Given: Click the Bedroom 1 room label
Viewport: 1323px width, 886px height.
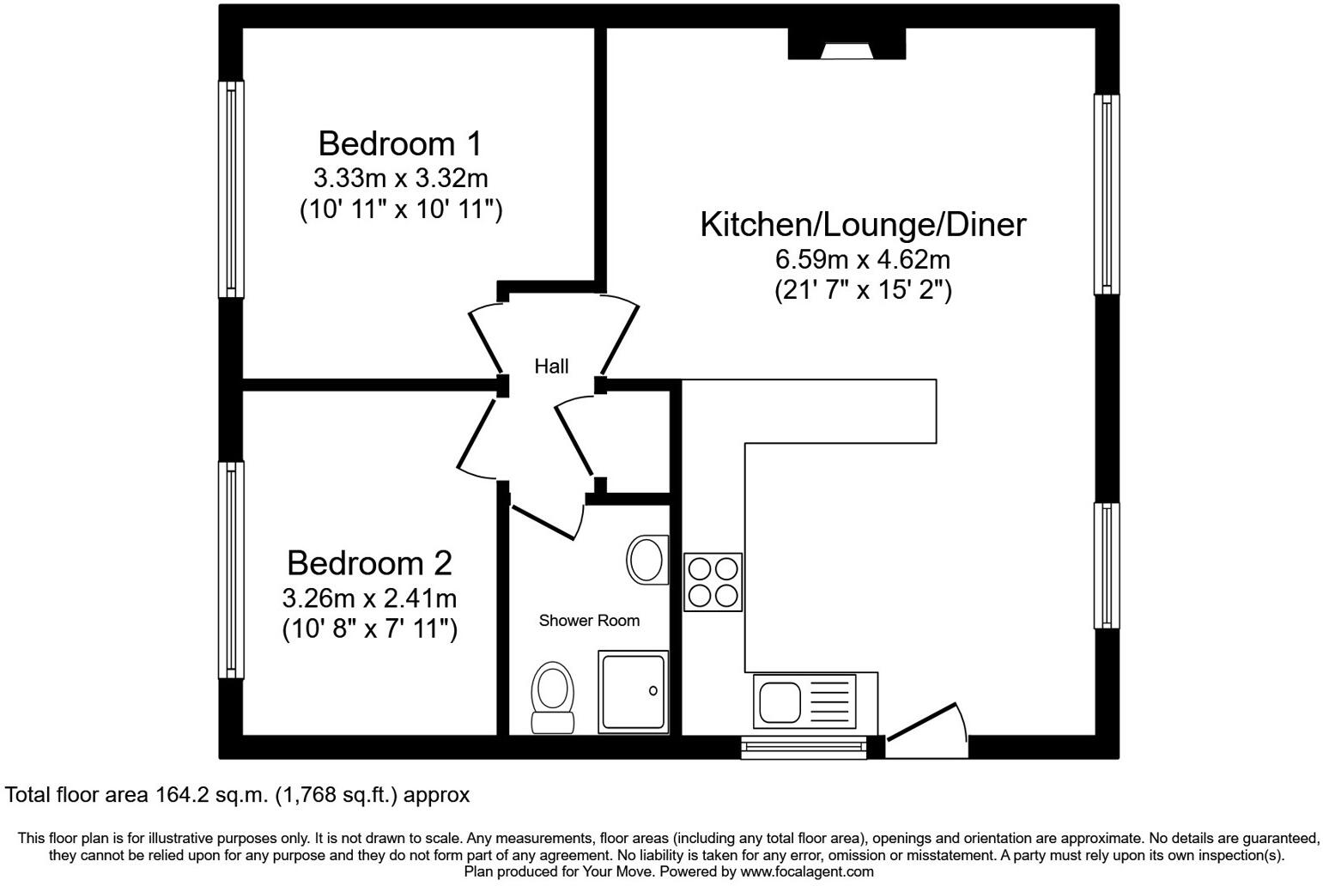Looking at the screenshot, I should coord(400,143).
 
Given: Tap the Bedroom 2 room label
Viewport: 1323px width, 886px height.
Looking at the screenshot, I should coord(369,563).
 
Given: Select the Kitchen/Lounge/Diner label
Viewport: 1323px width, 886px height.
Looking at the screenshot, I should coord(863,224).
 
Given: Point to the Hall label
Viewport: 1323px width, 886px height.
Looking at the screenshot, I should coord(551,367).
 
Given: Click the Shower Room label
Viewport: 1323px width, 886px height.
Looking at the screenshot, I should coord(589,621).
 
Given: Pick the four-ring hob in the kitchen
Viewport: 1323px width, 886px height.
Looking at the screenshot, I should coord(713,582).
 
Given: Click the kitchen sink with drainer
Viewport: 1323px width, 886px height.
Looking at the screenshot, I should coord(807,701).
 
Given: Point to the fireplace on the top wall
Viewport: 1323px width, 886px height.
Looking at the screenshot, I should coord(847,46).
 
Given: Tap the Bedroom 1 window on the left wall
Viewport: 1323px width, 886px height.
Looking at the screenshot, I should coord(231,189).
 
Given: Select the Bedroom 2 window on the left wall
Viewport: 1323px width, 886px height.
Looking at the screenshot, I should coord(231,570).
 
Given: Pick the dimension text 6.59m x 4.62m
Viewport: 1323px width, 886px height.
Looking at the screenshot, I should coord(863,258).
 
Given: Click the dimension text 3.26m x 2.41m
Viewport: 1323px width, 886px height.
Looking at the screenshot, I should coord(369,598).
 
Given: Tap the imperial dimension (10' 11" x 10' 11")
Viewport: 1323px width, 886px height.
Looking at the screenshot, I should coord(400,210).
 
